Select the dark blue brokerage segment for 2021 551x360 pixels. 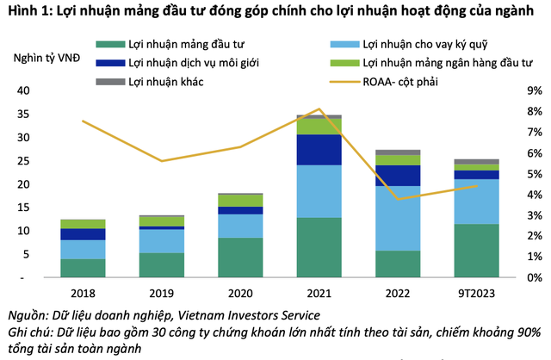pyautogui.click(x=319, y=149)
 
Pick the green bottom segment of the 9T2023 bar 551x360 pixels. pyautogui.click(x=475, y=251)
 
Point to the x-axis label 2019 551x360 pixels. pyautogui.click(x=162, y=292)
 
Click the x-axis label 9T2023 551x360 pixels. pyautogui.click(x=475, y=292)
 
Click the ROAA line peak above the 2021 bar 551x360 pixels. pyautogui.click(x=319, y=109)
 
